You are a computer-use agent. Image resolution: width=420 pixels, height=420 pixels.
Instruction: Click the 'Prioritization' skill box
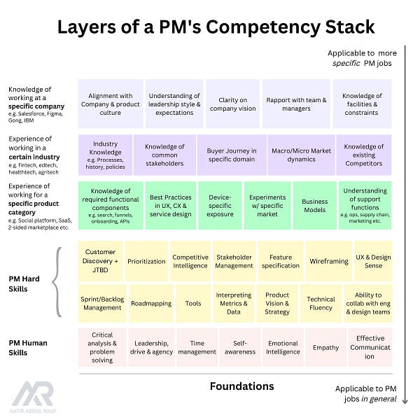(146, 261)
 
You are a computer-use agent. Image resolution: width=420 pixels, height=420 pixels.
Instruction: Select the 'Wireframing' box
(328, 261)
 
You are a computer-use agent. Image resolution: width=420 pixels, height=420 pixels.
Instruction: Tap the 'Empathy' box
(325, 348)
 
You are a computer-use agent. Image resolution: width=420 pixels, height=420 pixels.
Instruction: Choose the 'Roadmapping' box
(150, 303)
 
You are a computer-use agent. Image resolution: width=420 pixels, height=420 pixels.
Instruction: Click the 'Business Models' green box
(314, 206)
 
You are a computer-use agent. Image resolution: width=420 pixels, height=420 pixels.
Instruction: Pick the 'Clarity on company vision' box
(232, 104)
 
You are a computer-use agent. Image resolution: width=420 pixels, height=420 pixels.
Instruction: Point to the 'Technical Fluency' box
(321, 303)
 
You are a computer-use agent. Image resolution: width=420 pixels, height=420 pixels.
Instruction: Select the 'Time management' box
(197, 348)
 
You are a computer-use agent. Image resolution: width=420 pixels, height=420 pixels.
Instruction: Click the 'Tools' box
(193, 303)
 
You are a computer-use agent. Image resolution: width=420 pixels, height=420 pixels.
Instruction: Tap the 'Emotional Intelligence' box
(283, 348)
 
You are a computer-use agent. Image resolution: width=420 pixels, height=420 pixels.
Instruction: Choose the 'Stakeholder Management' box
(234, 261)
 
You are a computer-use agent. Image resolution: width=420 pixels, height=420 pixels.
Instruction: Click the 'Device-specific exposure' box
(220, 206)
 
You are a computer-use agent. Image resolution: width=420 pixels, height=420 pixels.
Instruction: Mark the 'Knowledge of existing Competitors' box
(365, 155)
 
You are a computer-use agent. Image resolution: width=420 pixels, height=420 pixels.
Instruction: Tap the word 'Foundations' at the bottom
(241, 386)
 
